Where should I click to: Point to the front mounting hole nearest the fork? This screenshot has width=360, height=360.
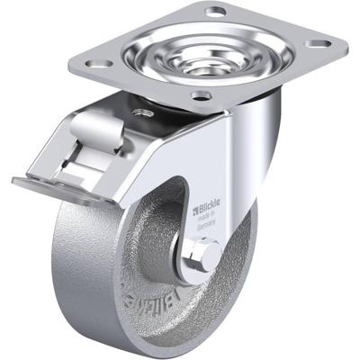pyautogui.click(x=201, y=94)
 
